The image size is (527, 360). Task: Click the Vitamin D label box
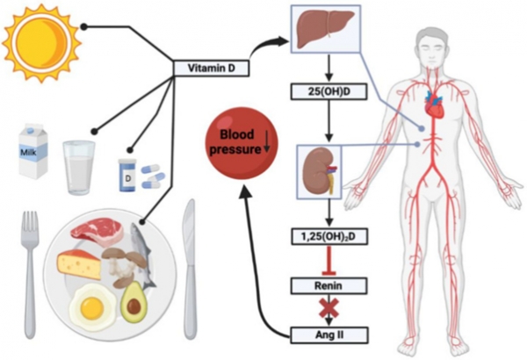211,68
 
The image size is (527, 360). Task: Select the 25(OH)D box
329,91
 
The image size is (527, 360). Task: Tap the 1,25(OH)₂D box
329,237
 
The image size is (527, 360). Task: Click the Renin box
329,286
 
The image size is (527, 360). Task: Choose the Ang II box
329,335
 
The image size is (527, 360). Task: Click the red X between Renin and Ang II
329,307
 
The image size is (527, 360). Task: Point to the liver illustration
326,28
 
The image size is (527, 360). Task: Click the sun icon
41,42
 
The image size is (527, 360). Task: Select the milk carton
32,150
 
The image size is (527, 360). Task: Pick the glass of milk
79,168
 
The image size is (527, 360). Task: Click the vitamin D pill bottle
127,175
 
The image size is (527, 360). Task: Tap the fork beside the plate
30,273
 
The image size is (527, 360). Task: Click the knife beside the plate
190,269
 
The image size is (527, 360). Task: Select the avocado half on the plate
134,303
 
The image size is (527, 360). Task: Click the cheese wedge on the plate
79,264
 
